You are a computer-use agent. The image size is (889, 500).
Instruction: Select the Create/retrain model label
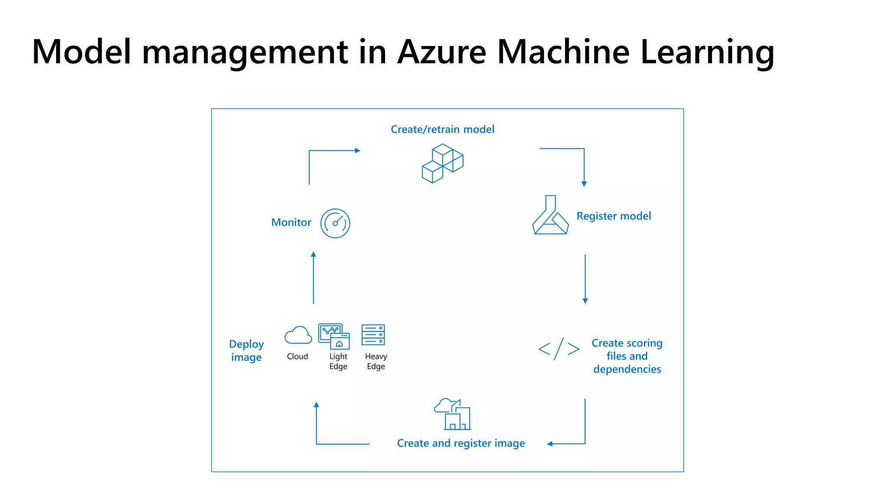point(442,129)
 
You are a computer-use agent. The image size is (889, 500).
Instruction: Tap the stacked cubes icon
point(442,163)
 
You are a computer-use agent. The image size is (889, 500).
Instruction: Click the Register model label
point(613,216)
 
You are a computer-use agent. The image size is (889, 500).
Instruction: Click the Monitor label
point(291,222)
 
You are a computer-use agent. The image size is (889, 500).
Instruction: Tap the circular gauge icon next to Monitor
point(335,223)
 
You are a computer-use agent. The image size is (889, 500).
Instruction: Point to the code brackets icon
point(559,349)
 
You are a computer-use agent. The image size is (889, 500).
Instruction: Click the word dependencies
point(627,369)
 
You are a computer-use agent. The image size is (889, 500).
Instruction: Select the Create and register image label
point(461,443)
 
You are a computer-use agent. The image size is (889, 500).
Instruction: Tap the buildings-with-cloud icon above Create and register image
point(453,414)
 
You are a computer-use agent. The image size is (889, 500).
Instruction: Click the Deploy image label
point(246,351)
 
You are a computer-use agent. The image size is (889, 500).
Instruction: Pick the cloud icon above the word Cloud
point(298,335)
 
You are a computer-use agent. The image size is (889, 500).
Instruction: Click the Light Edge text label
point(338,361)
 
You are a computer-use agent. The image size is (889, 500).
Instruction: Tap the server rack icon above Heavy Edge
point(373,335)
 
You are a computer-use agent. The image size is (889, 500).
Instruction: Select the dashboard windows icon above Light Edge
point(334,336)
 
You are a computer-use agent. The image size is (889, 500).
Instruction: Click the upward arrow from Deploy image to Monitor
point(313,278)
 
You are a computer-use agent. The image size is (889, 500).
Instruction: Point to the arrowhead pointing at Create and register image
point(550,444)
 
